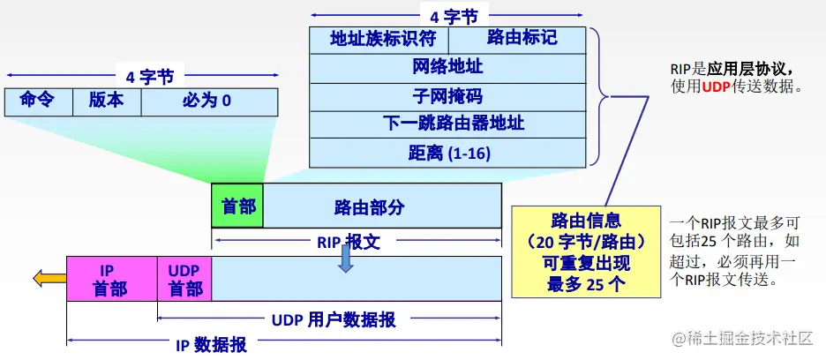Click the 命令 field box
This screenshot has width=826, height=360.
click(38, 101)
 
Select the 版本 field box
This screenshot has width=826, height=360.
click(107, 101)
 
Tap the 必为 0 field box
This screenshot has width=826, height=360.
click(209, 101)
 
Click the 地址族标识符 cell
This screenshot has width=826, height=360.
click(379, 40)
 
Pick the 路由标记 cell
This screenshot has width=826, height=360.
click(517, 40)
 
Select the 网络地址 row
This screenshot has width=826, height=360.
click(447, 67)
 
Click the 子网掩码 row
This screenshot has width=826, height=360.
click(447, 95)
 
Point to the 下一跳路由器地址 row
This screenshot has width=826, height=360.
click(447, 124)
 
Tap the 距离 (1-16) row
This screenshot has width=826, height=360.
click(447, 153)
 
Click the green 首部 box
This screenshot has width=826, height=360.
click(237, 206)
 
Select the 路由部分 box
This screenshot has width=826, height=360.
click(382, 206)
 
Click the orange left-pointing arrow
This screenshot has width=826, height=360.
click(49, 279)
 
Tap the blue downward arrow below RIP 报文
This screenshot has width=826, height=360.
click(346, 258)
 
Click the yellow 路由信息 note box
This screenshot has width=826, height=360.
click(585, 251)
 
